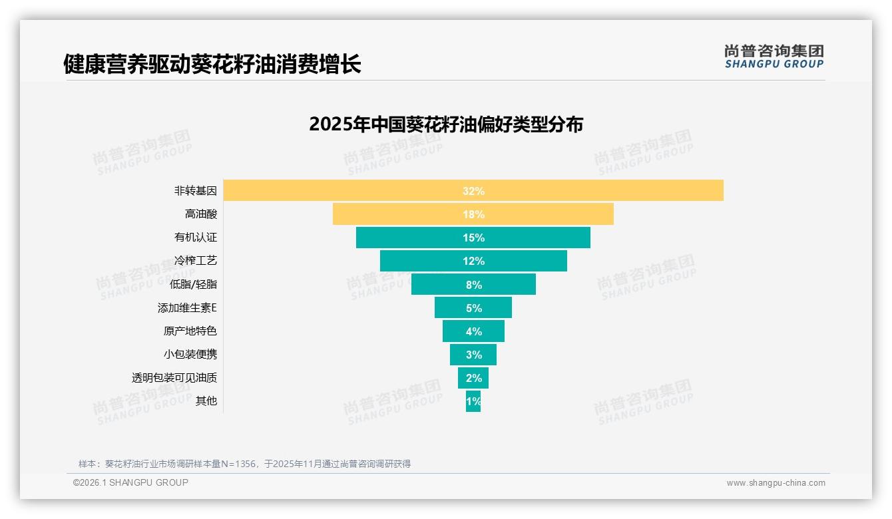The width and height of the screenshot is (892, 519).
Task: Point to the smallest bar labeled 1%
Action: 473,401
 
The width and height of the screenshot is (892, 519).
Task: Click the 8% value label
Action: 473,285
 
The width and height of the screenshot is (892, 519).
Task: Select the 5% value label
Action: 473,308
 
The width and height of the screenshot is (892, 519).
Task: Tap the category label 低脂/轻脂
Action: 193,284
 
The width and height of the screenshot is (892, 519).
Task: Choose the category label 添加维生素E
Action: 187,308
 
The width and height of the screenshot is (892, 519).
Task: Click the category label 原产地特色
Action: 190,331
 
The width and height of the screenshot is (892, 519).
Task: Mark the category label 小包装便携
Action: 190,354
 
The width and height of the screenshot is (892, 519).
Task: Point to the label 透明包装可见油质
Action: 174,378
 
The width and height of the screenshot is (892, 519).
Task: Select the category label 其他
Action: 206,401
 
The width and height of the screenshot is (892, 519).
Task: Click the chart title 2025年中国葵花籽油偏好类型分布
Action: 446,124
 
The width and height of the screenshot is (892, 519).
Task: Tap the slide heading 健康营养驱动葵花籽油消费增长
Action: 212,65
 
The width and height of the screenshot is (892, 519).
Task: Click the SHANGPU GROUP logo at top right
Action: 774,57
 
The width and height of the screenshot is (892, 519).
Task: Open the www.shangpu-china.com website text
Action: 776,483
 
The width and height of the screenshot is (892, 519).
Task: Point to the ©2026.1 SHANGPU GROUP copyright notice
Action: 130,482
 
